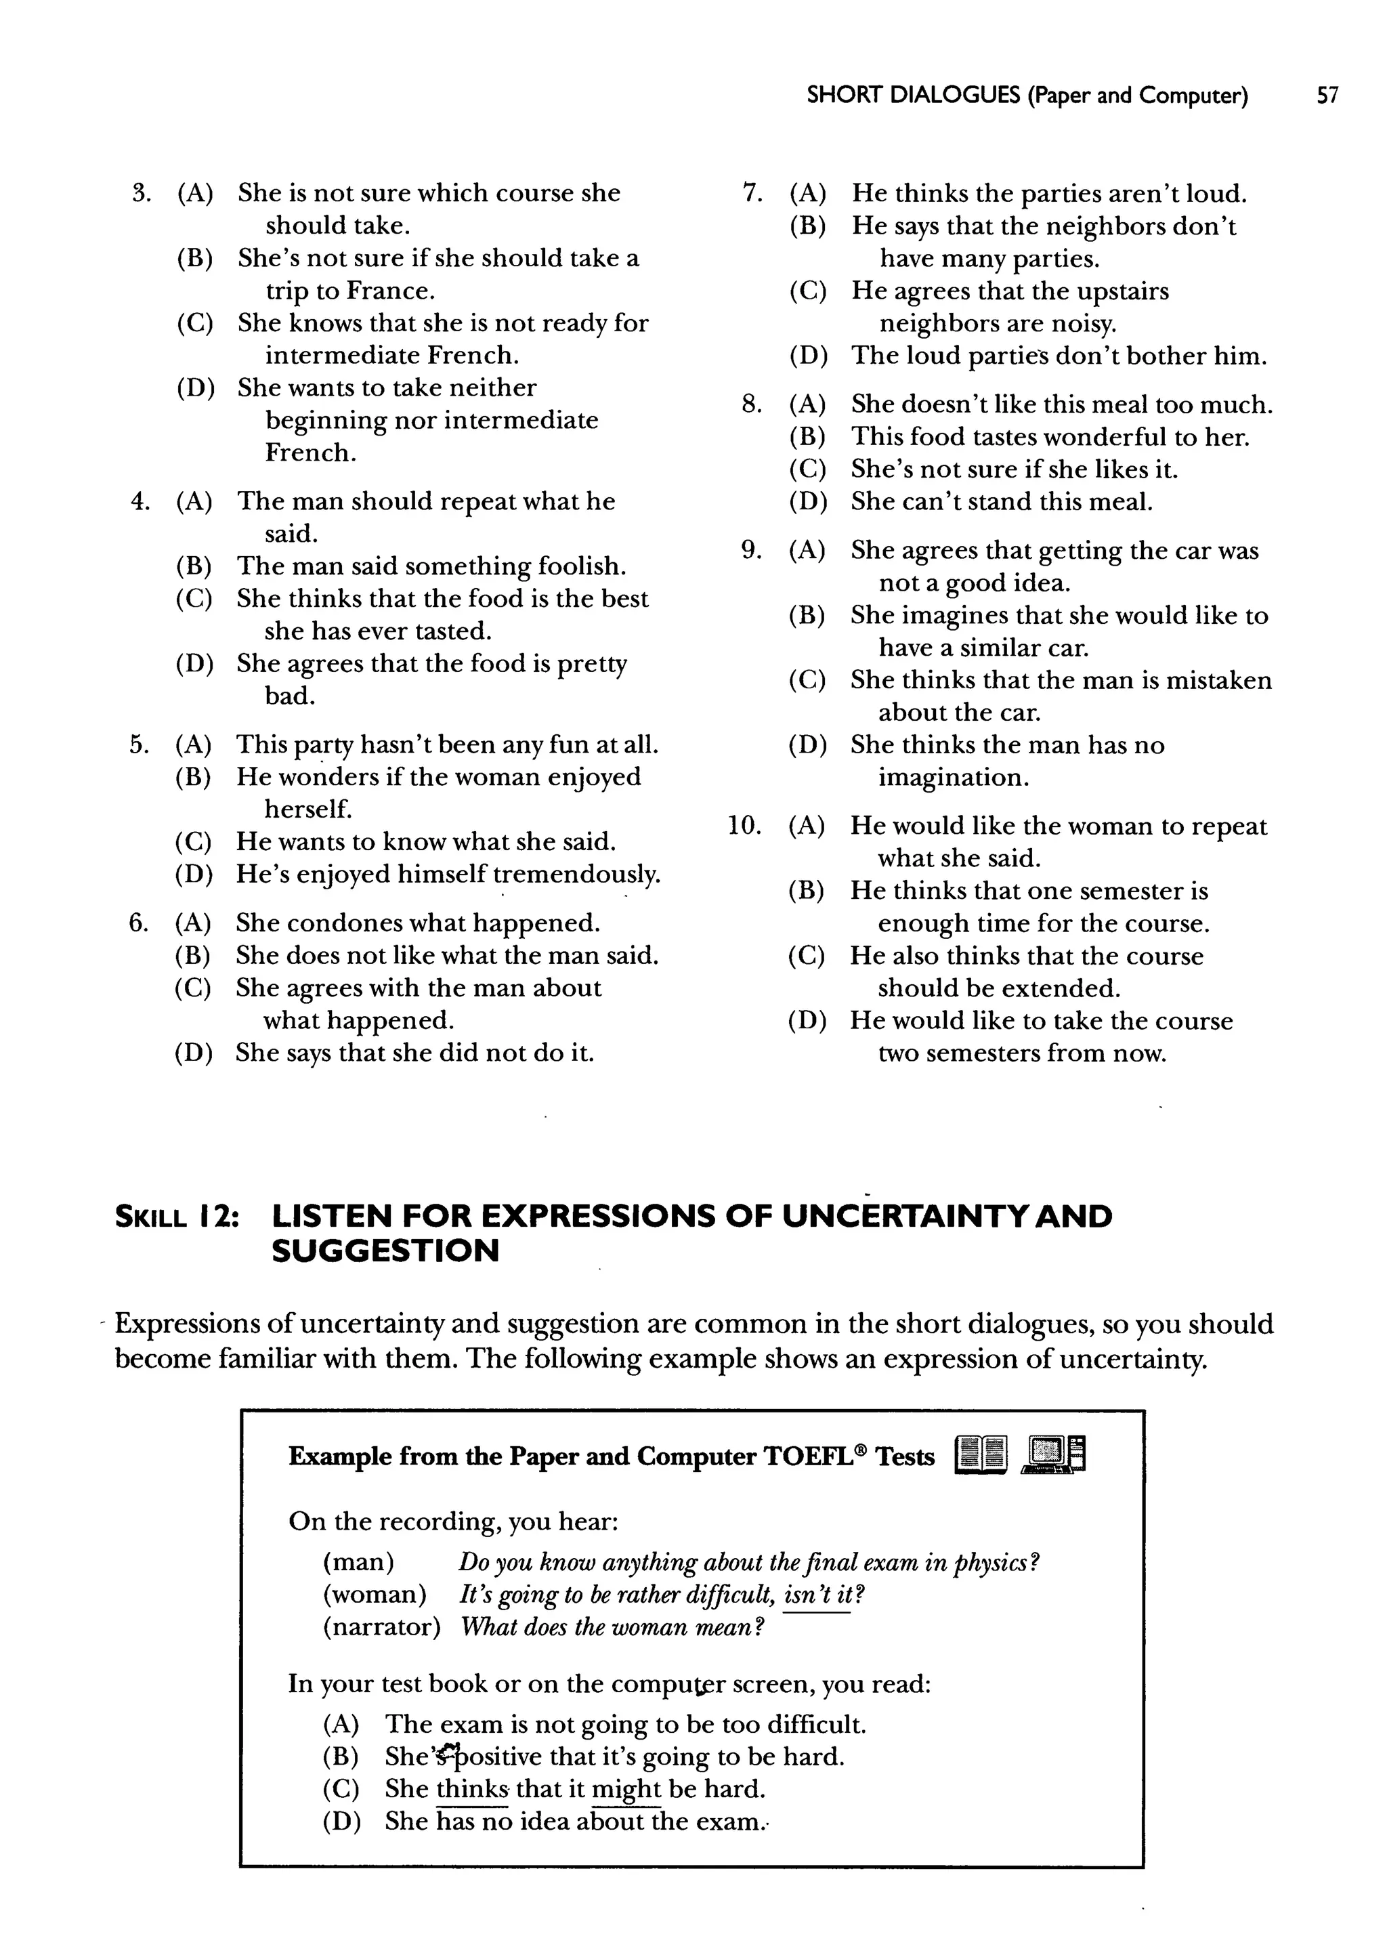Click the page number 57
1327,96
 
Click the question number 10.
744,826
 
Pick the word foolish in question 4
582,566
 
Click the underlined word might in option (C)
626,1789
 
